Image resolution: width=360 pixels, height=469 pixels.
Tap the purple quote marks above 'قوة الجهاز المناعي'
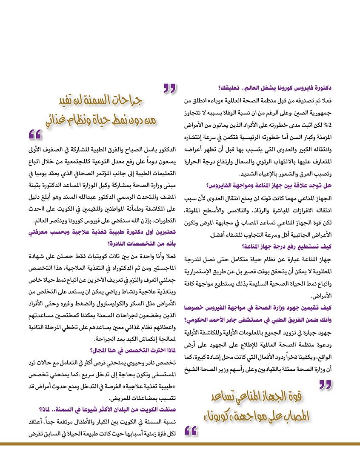325,385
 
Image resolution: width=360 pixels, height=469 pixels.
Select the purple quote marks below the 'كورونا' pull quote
191,431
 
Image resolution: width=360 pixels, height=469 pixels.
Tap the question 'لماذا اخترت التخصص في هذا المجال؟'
133,351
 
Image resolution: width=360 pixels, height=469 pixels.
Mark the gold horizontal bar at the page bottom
180,444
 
